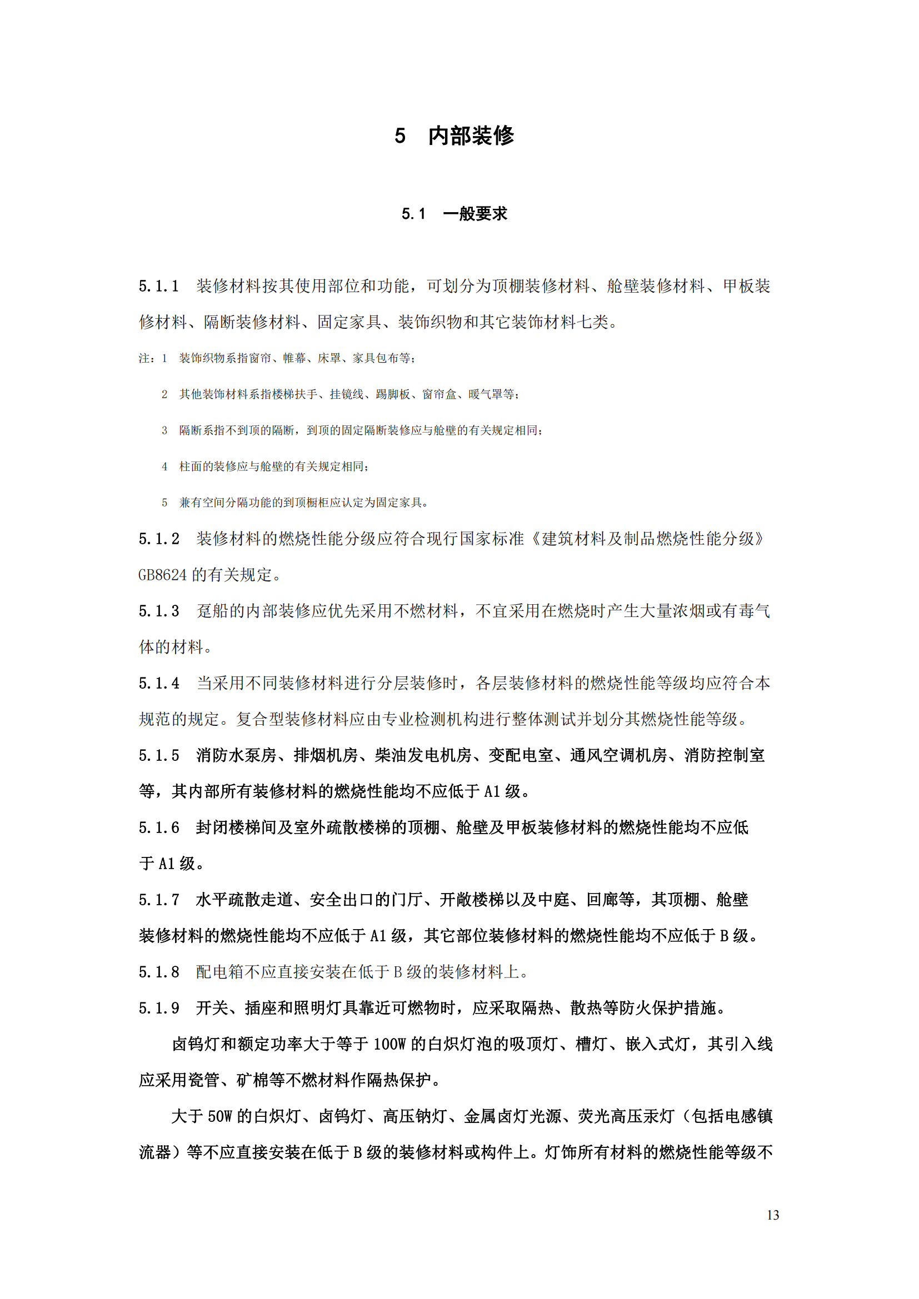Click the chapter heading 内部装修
[x=471, y=136]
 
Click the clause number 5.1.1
[x=158, y=286]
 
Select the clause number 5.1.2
[x=158, y=539]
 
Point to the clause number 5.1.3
[x=158, y=611]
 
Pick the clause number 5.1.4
[x=158, y=684]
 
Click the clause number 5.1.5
[x=158, y=756]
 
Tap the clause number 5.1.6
[x=158, y=827]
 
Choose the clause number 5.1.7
[x=158, y=900]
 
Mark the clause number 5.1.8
[x=158, y=972]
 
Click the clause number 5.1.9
[x=158, y=1008]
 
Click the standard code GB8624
[x=162, y=575]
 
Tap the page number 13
[x=772, y=1215]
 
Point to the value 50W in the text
[x=220, y=1117]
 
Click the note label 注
[x=144, y=358]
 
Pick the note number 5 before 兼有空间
[x=164, y=503]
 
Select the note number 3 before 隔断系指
[x=164, y=430]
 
